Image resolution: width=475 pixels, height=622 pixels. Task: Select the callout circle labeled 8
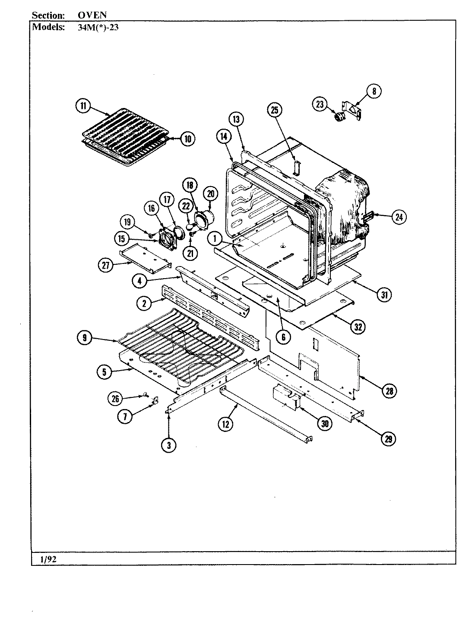[374, 91]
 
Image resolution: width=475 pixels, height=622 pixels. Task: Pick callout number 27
[105, 265]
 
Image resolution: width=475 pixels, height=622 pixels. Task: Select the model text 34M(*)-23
[92, 27]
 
